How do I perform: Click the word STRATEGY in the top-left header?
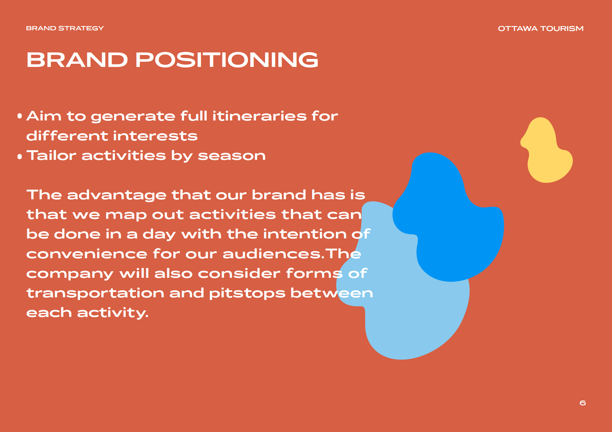coord(81,28)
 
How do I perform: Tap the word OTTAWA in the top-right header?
coord(518,29)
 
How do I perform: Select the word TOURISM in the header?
coord(562,29)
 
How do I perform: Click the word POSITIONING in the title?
coord(227,60)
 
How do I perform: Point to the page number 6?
coord(583,403)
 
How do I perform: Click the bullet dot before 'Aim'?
coord(20,116)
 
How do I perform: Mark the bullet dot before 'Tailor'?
coord(20,156)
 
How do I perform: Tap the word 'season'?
coord(232,156)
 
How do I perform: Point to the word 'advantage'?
coord(117,196)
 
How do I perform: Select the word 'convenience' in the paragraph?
coord(87,254)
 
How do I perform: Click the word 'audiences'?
coord(272,254)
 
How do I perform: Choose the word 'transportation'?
coord(95,294)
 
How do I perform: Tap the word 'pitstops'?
coord(247,294)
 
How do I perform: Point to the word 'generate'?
coord(133,117)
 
